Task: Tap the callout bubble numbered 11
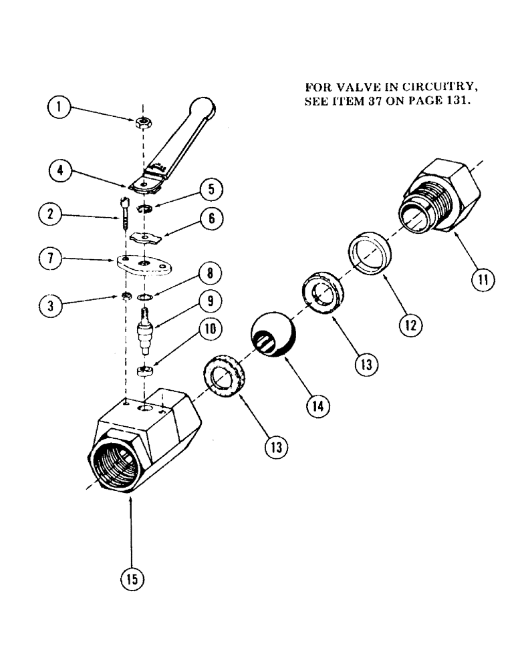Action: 481,280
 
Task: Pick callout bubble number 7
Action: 61,259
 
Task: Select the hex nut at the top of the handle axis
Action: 142,122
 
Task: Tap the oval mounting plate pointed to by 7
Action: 142,265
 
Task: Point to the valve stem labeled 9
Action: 144,329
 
